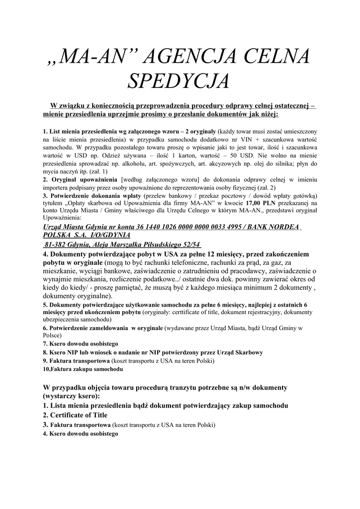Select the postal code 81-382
(56, 245)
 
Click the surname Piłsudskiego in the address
(155, 245)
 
